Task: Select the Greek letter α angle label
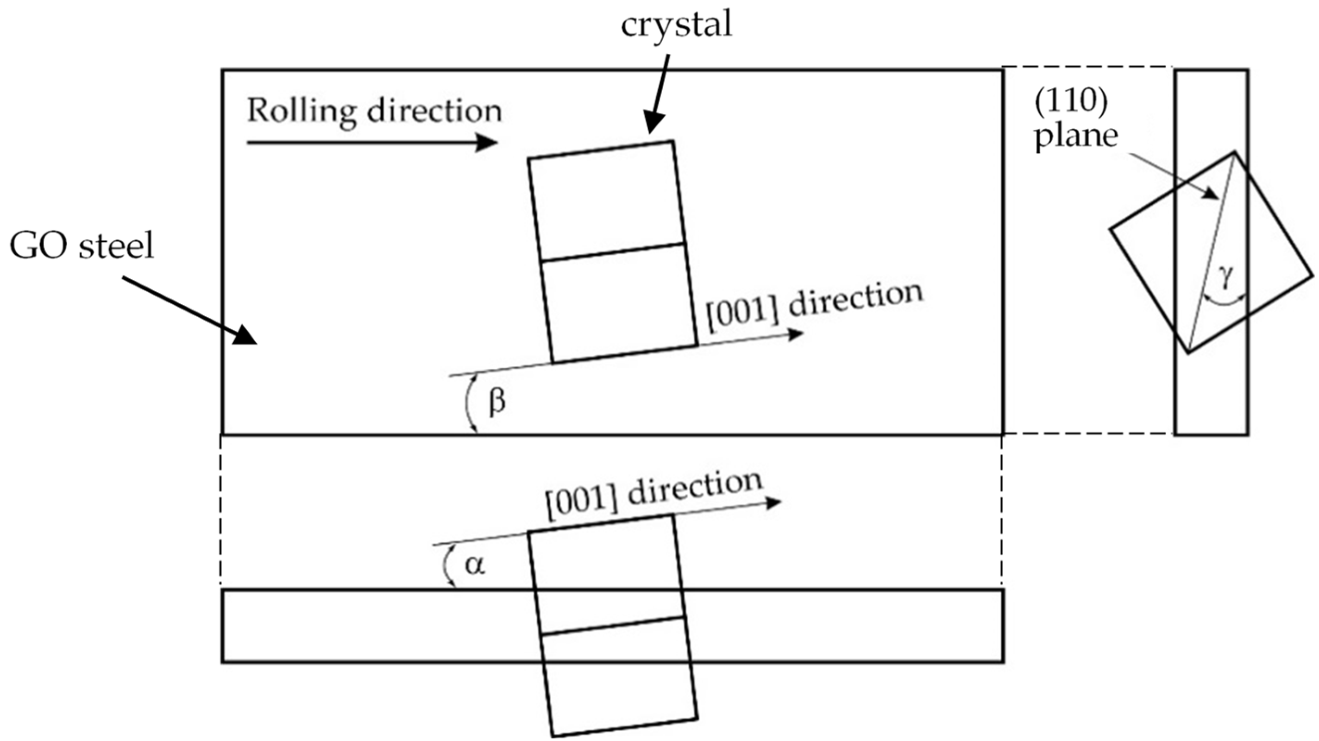click(x=475, y=565)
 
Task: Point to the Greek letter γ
click(x=1225, y=280)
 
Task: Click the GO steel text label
click(x=82, y=247)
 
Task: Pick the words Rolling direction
click(x=374, y=111)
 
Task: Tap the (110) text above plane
click(x=1071, y=102)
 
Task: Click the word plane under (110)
click(x=1077, y=136)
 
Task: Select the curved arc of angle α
click(x=446, y=566)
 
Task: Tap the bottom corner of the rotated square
click(x=1189, y=352)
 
